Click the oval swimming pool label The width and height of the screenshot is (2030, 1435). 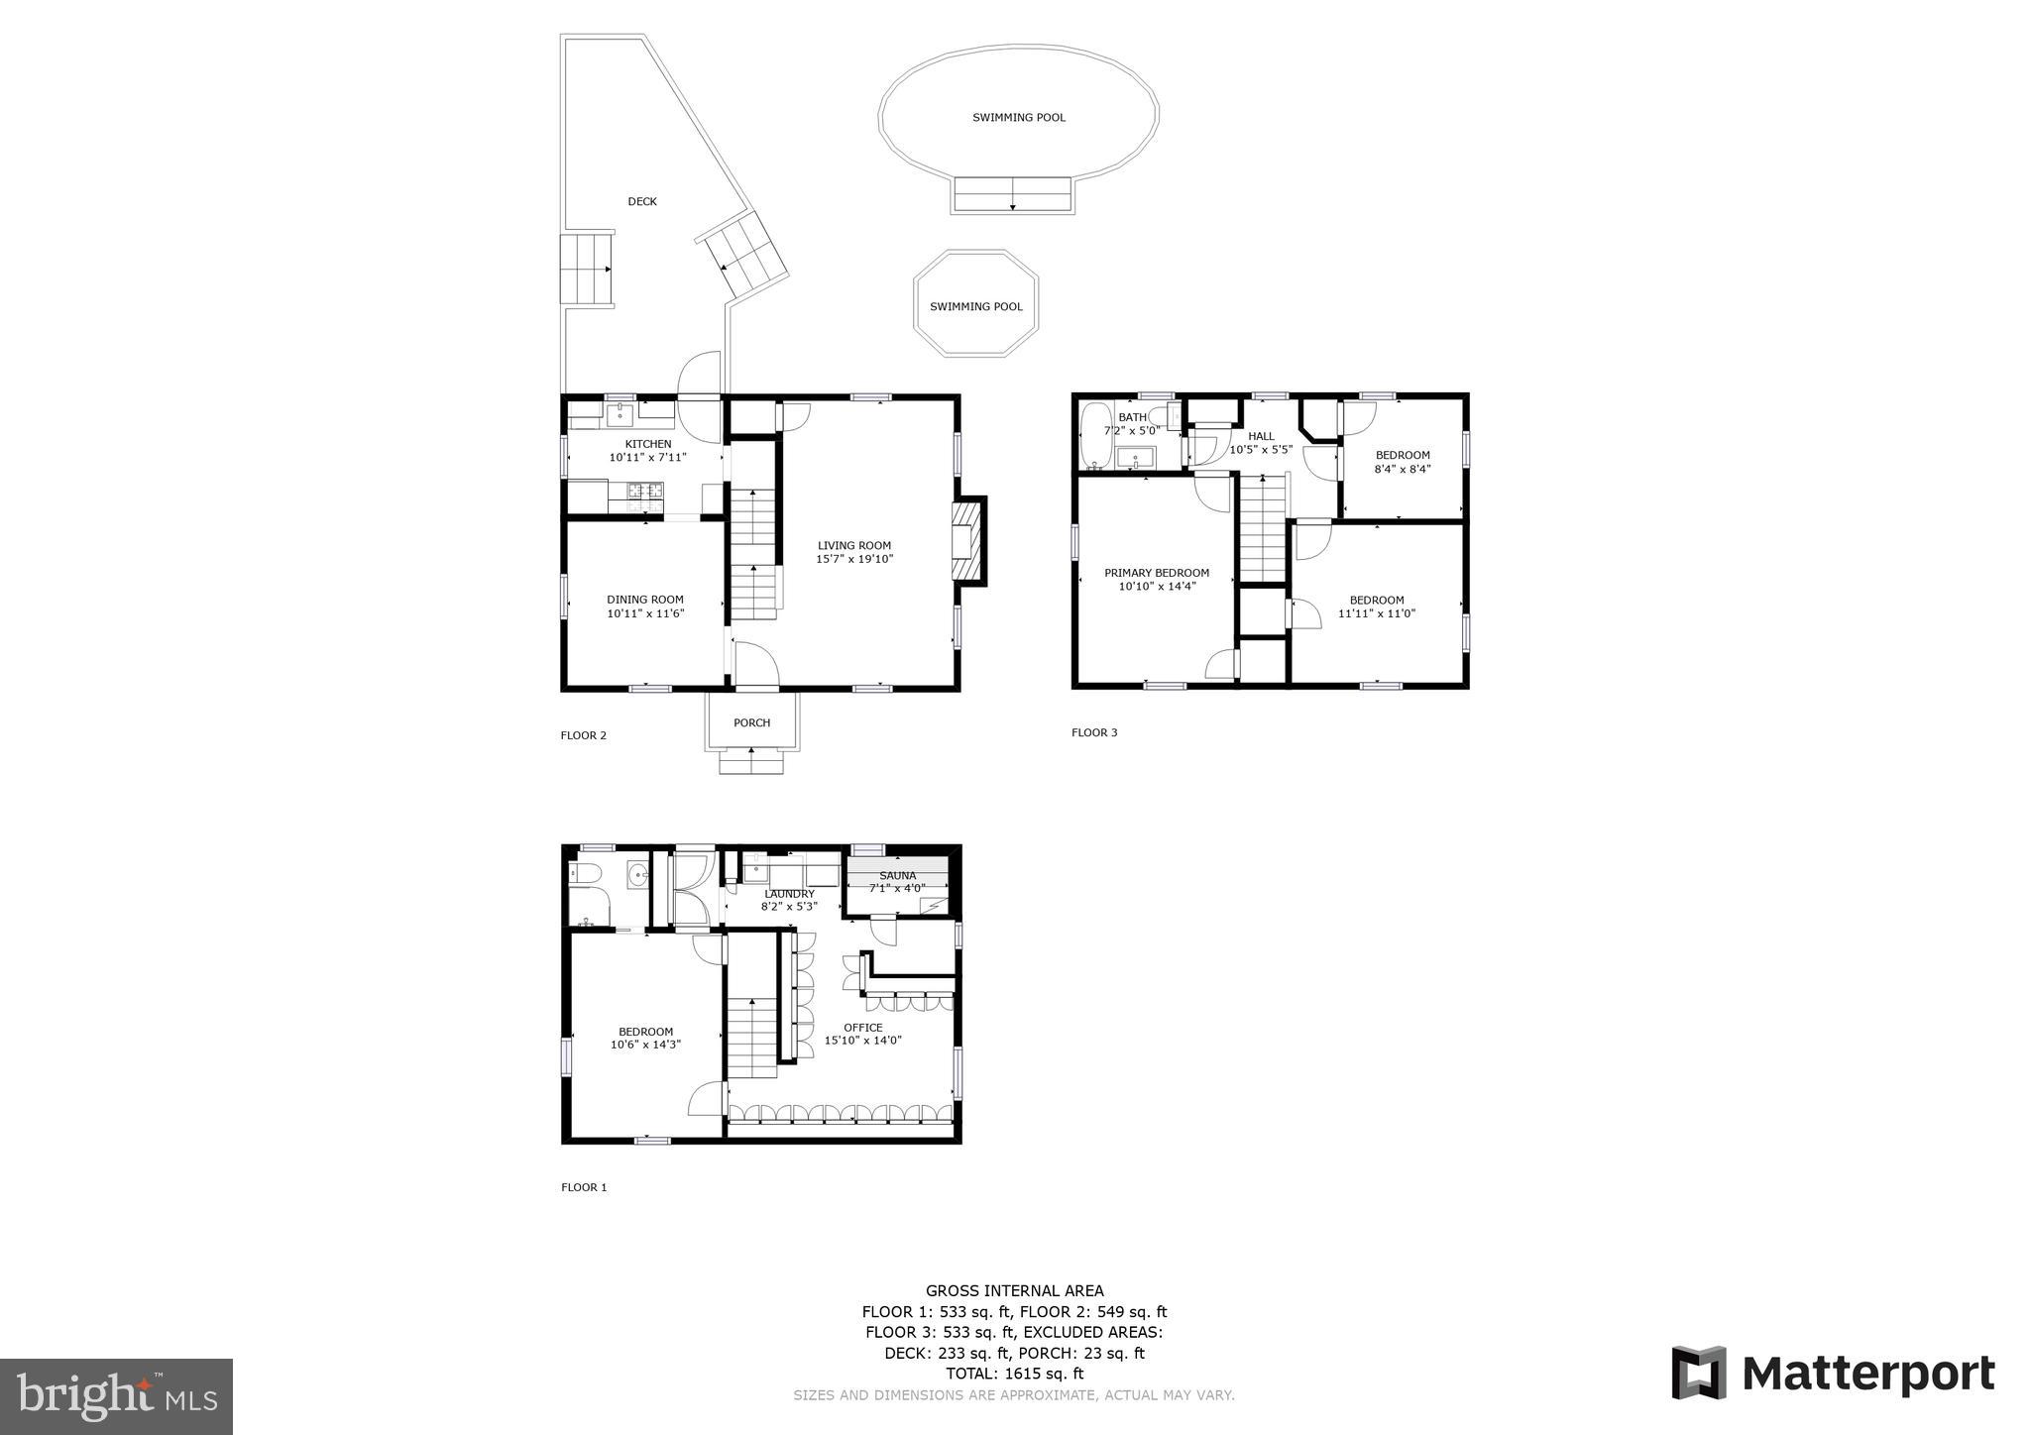1018,118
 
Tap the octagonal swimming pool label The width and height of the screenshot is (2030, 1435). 975,307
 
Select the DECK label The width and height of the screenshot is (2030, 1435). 642,202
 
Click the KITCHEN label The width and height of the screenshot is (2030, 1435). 647,444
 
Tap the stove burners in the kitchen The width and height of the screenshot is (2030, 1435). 644,490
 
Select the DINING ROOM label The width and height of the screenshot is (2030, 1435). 645,600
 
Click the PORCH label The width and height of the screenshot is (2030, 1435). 751,723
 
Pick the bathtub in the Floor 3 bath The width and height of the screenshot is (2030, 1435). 1095,435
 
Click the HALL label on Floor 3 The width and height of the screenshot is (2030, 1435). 1261,436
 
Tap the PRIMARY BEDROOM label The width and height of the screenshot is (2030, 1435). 1157,573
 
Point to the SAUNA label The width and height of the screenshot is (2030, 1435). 897,876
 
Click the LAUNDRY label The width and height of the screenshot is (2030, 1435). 789,894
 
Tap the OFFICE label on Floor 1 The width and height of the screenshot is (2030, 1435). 862,1028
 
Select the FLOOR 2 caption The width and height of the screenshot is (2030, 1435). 583,735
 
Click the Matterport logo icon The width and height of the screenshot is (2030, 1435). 1698,1373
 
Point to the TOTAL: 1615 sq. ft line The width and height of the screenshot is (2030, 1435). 1014,1374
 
